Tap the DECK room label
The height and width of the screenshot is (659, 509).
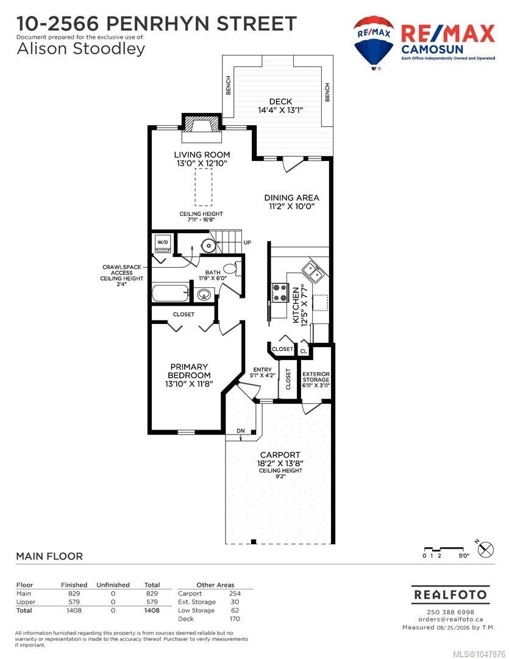pos(280,101)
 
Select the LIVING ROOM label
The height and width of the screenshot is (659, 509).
pos(202,154)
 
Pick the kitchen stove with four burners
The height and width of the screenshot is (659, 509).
pos(279,293)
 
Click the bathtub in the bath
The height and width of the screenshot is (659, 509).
pos(171,292)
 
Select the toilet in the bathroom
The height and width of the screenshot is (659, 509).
pos(232,268)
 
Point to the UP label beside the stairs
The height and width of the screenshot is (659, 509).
pos(247,242)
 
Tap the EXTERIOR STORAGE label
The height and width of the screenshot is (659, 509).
pos(316,376)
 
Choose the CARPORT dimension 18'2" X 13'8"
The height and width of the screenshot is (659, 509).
pos(280,464)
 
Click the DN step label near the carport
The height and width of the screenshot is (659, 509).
pos(241,431)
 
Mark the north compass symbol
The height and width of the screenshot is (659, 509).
pos(485,549)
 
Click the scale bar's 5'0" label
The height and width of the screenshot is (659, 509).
pos(463,556)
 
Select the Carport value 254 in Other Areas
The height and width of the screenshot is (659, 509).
pos(235,594)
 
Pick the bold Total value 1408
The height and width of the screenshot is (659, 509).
pos(152,610)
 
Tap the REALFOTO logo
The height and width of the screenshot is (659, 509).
pos(450,595)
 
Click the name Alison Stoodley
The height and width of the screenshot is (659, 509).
pos(81,49)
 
